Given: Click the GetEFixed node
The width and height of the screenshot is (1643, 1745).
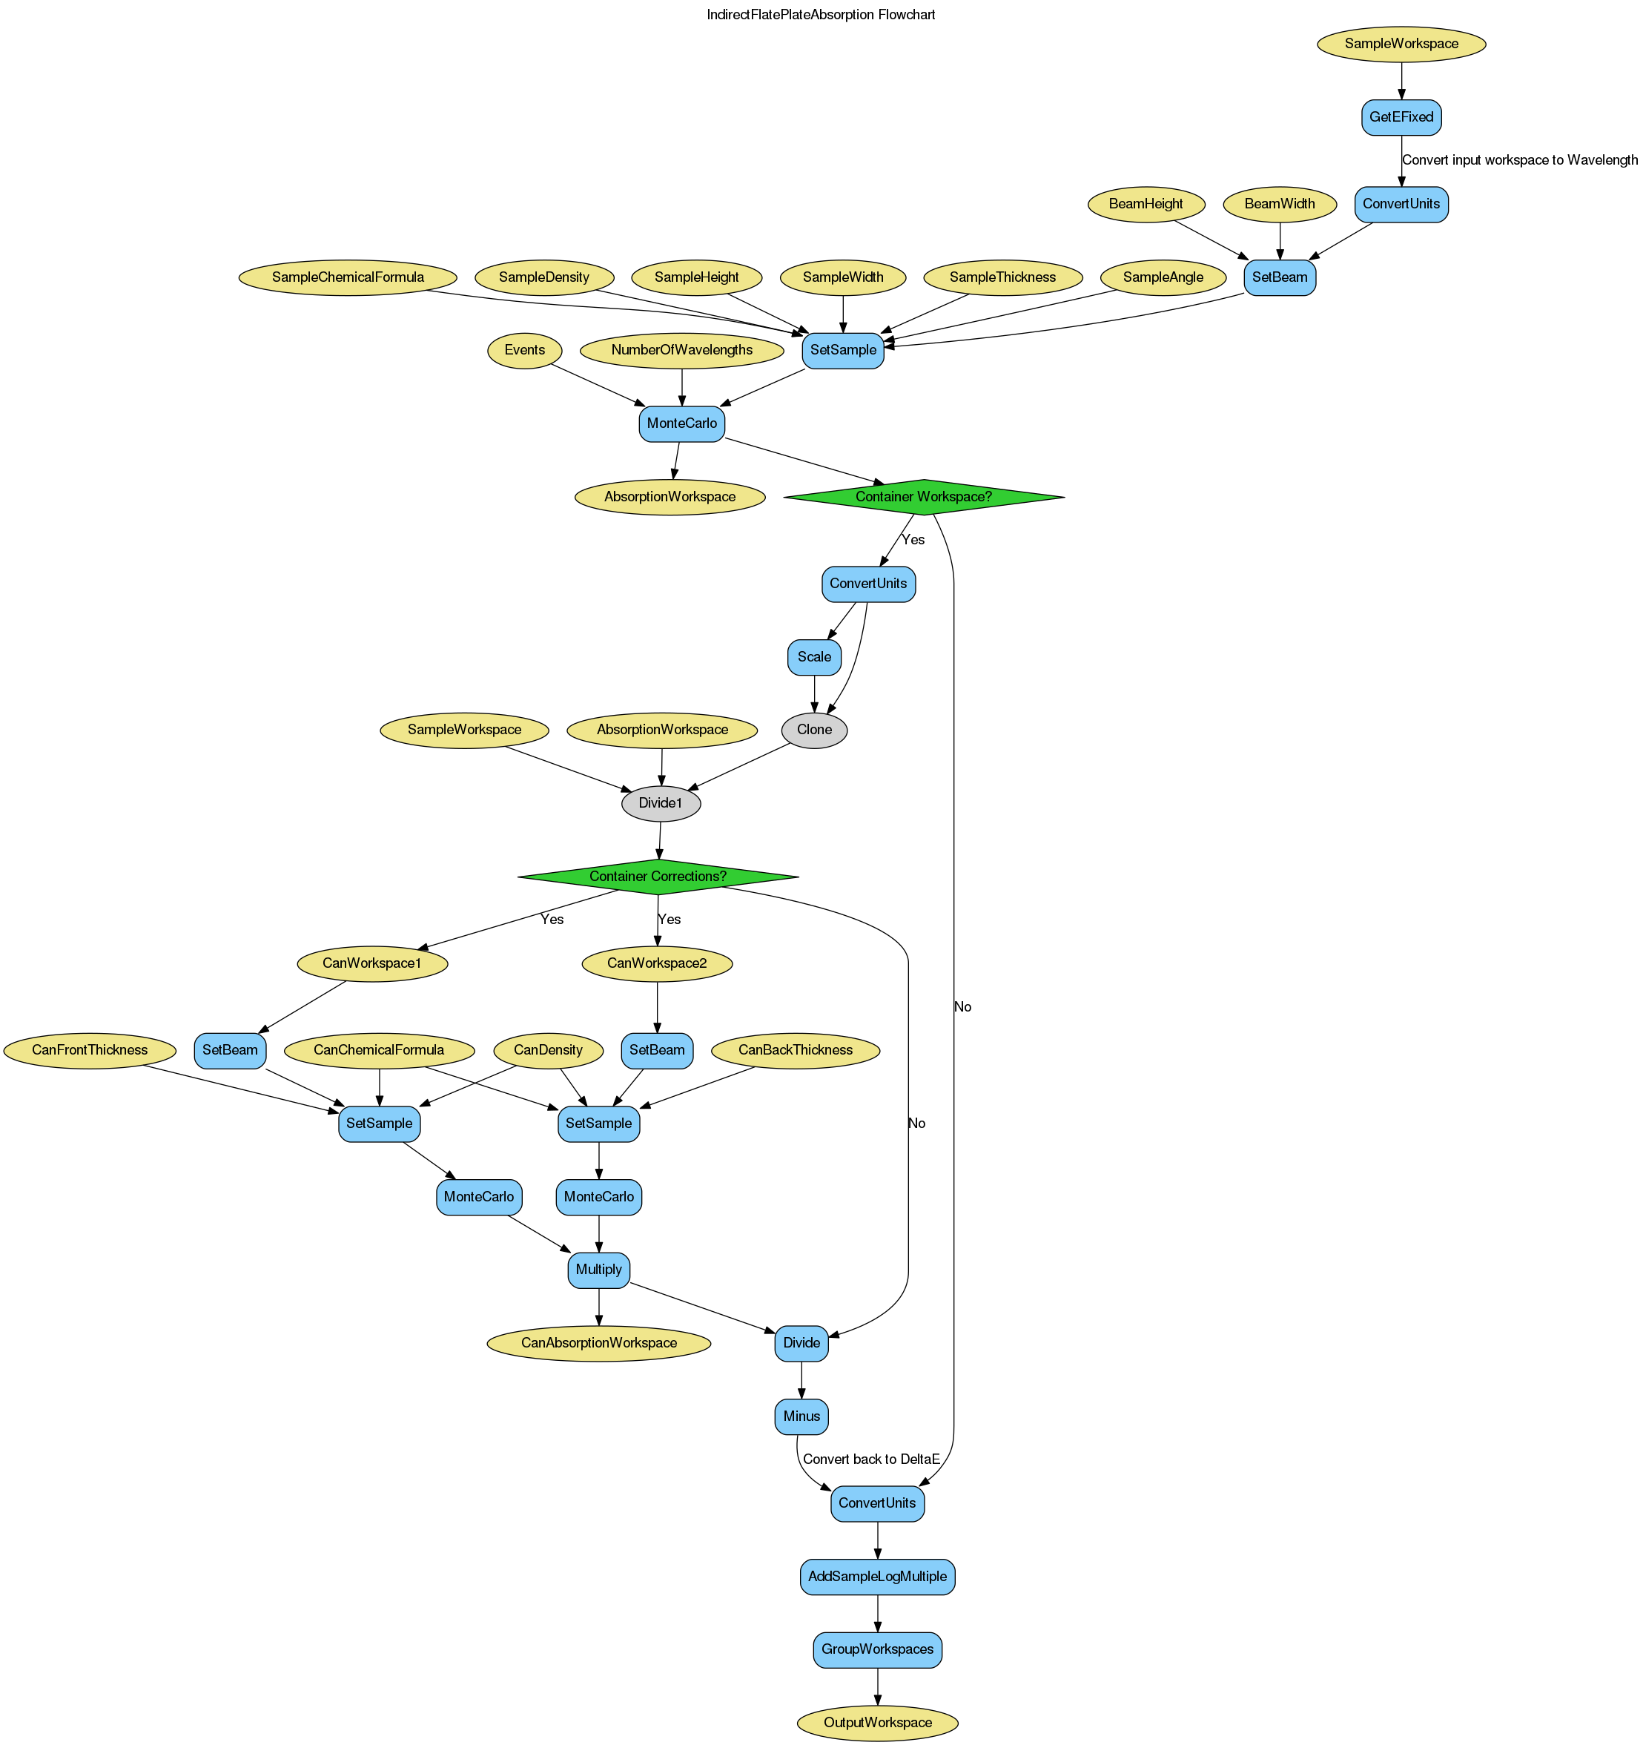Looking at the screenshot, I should point(1401,116).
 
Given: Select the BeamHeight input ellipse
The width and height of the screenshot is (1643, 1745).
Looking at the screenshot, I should point(1146,204).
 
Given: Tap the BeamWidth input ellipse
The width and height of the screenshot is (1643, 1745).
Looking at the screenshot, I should point(1280,204).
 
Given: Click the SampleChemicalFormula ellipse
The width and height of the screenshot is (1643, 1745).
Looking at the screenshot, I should point(348,277).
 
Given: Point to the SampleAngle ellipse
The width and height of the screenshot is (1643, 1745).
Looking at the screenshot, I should point(1162,277).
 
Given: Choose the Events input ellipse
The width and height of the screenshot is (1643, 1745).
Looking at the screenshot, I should point(525,349).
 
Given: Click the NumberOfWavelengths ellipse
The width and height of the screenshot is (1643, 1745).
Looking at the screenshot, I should point(682,349).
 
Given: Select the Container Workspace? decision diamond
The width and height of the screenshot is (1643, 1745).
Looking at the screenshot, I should point(923,497).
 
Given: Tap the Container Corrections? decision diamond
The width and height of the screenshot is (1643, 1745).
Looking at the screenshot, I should point(658,876).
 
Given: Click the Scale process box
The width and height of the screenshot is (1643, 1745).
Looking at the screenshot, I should point(815,656).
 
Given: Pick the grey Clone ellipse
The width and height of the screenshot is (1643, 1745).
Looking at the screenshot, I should point(815,730).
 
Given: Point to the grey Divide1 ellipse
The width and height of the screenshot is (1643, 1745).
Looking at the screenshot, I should point(661,803).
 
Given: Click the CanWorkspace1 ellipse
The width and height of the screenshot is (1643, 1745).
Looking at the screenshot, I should point(374,963).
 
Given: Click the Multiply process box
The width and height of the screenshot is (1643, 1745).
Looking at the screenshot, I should point(598,1269).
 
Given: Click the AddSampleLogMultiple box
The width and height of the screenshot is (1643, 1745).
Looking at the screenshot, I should point(878,1577).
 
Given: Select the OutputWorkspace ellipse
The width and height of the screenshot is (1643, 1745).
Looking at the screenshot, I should point(878,1722).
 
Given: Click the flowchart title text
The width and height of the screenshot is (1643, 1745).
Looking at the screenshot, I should point(821,15).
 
